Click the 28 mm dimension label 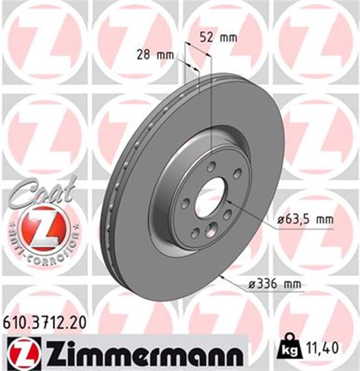tap(155, 56)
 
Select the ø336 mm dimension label tap(275, 284)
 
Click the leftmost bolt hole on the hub tap(184, 203)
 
